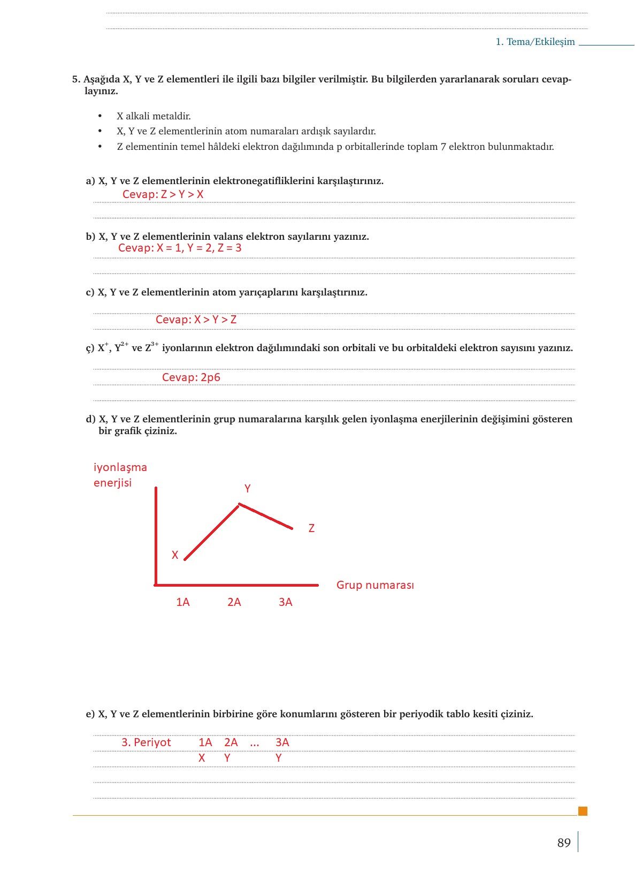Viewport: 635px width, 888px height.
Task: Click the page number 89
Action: [x=564, y=843]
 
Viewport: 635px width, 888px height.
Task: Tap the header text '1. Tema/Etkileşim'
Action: [x=535, y=42]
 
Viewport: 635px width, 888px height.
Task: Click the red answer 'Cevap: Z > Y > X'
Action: [x=163, y=194]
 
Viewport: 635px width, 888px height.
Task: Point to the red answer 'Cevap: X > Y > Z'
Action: [x=196, y=320]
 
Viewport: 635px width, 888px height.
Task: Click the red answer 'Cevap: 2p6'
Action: [x=191, y=377]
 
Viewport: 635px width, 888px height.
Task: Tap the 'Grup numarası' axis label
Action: [x=375, y=585]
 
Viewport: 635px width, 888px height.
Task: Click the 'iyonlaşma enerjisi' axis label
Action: [x=120, y=475]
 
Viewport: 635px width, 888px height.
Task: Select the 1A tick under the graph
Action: [x=183, y=602]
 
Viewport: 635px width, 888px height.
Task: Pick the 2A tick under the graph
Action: [x=234, y=602]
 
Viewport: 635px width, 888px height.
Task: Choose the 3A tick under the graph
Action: [x=286, y=602]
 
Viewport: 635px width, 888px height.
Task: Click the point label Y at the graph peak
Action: [x=248, y=489]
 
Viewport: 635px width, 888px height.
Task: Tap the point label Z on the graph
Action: [x=311, y=528]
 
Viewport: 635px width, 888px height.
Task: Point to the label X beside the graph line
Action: [x=175, y=555]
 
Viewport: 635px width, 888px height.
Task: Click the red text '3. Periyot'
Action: [x=146, y=742]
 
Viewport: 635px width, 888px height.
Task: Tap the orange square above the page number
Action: [x=583, y=811]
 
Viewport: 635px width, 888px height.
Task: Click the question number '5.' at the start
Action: [x=76, y=79]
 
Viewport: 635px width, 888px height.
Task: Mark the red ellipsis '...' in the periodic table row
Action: [x=255, y=743]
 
